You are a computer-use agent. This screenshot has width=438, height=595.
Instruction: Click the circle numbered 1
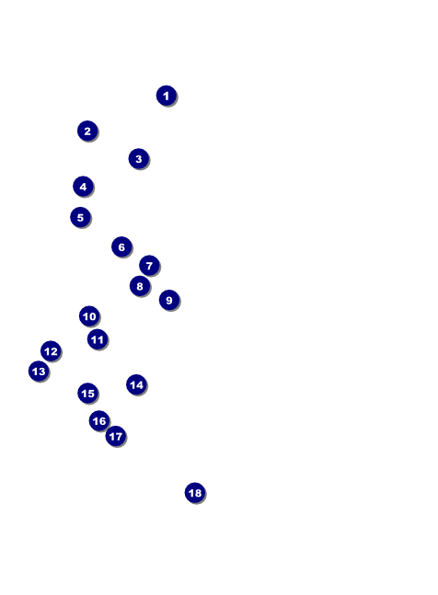point(167,96)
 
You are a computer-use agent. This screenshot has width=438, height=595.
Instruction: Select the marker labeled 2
point(87,131)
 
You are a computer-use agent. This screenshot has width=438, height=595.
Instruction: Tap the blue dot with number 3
point(139,158)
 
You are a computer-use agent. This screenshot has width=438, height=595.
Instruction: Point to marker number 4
point(83,187)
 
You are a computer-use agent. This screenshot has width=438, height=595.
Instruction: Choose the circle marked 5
point(80,217)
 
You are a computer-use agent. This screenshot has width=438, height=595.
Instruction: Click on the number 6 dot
point(121,247)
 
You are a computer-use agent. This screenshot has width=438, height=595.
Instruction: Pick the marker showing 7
point(149,265)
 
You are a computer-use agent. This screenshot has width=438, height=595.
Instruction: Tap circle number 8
point(140,286)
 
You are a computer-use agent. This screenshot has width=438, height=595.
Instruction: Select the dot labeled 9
point(169,300)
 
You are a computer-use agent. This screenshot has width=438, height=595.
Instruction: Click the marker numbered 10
point(89,316)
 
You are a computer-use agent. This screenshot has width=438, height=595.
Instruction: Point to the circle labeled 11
point(98,339)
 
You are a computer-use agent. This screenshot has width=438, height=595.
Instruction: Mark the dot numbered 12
point(51,351)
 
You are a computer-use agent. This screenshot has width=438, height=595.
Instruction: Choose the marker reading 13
point(39,372)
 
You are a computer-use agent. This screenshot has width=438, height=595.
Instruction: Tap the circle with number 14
point(136,384)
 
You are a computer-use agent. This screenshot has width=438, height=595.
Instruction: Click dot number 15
point(87,393)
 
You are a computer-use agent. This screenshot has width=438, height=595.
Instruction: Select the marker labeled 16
point(99,421)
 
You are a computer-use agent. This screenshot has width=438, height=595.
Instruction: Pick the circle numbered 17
point(116,437)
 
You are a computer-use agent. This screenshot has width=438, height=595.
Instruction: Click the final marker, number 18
point(195,493)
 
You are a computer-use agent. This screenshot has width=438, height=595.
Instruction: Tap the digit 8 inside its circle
point(140,286)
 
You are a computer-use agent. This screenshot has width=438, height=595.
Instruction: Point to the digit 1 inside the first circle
point(166,96)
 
